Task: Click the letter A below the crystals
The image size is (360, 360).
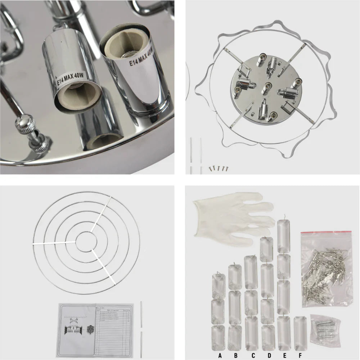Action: coord(220,355)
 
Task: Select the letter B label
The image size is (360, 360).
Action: coord(236,355)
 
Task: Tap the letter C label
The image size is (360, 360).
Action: coord(253,355)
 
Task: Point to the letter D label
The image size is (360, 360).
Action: coord(269,355)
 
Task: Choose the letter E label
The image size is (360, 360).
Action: coord(285,355)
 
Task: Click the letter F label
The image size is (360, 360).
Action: coord(300,355)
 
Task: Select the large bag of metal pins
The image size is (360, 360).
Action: coord(326,268)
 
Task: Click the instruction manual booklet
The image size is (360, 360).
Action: coord(95,328)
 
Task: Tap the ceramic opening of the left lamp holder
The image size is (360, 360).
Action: coord(77,99)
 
